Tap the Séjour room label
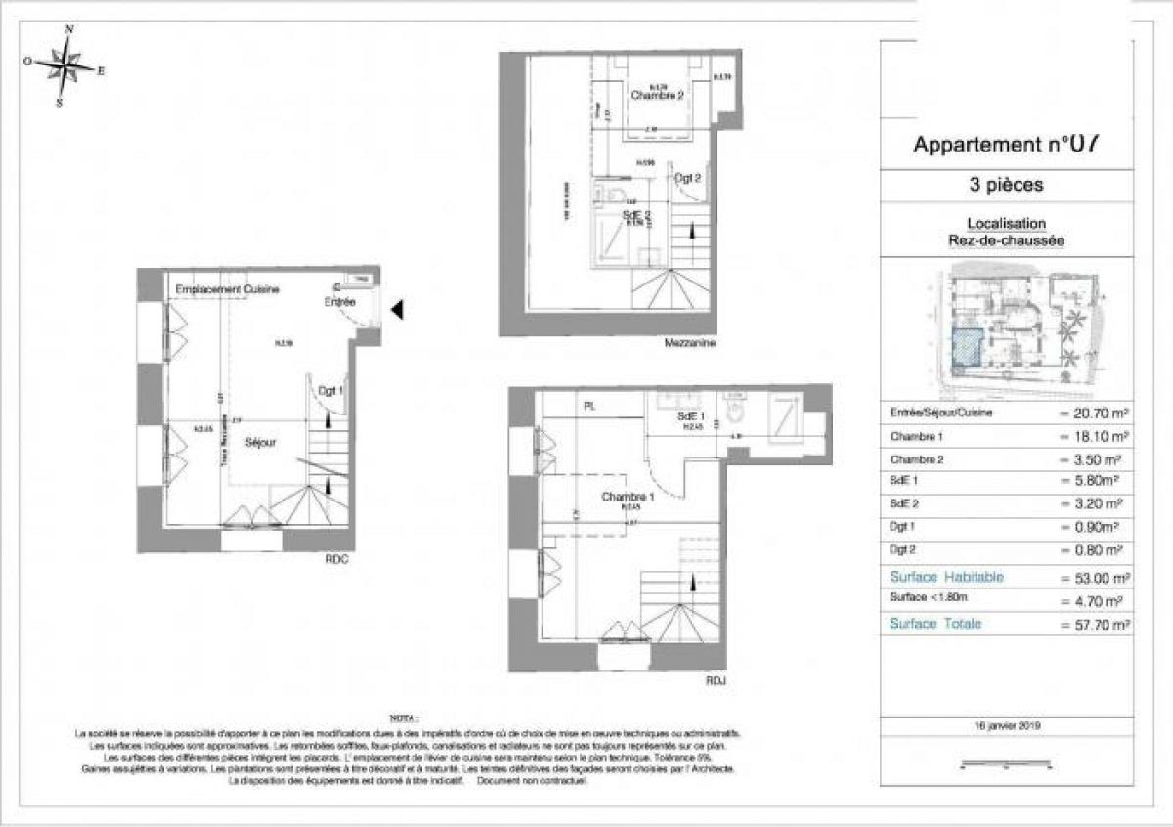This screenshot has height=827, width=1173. point(260,442)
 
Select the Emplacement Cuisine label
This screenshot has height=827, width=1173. point(228,290)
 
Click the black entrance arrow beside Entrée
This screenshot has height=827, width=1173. point(397,310)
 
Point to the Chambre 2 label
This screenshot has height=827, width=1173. point(656,96)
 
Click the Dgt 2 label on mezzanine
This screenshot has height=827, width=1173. point(688,178)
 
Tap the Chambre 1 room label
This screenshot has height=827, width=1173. point(627,497)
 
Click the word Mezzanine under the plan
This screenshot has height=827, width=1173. point(689,344)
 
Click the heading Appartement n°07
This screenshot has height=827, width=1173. point(1007,146)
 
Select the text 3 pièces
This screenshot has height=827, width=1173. point(1008,184)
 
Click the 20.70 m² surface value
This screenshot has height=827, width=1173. point(1095,413)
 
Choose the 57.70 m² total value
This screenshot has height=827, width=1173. point(1095,624)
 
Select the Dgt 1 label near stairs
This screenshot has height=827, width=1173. point(331,390)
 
